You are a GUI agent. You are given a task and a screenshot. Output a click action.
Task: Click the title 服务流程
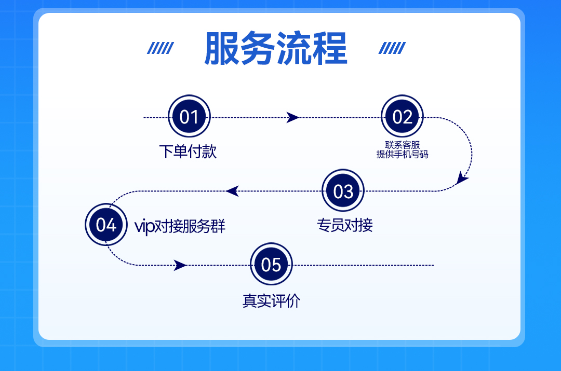click(275, 49)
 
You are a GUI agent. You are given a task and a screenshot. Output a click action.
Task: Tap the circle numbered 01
click(189, 117)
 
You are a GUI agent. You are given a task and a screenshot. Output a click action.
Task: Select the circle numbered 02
click(402, 117)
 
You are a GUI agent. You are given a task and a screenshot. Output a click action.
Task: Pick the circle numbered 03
click(343, 191)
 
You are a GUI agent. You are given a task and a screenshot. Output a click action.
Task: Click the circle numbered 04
click(106, 225)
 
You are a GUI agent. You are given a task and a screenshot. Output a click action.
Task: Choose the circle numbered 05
click(271, 265)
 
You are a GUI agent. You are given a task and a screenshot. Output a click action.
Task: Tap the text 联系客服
click(402, 145)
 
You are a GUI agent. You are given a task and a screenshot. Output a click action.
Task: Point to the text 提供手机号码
click(402, 154)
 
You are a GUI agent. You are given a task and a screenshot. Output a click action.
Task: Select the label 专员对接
click(345, 225)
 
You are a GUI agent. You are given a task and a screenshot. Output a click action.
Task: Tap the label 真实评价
click(271, 301)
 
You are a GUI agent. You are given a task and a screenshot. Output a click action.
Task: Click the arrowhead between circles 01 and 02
click(292, 118)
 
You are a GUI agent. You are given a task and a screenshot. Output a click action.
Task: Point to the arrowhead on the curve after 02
click(461, 178)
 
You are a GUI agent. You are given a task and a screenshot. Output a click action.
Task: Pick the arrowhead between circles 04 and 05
click(180, 265)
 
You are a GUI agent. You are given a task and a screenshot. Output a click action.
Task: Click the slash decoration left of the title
click(160, 48)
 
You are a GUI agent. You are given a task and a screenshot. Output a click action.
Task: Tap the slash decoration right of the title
click(392, 48)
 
